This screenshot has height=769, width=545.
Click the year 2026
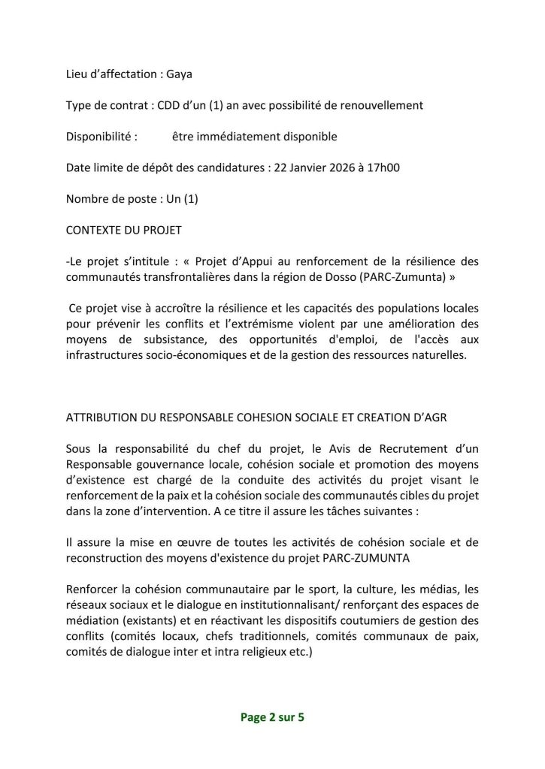348,168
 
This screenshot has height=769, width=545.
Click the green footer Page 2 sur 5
272,716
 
